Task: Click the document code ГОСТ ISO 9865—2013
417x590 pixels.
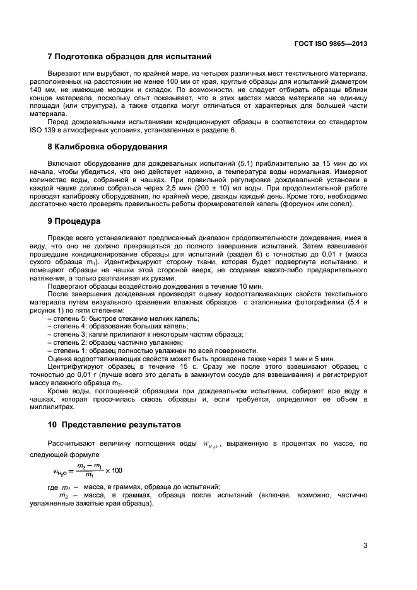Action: coord(331,44)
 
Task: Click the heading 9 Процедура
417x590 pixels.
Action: coord(73,221)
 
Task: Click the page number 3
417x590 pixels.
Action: coord(365,546)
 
